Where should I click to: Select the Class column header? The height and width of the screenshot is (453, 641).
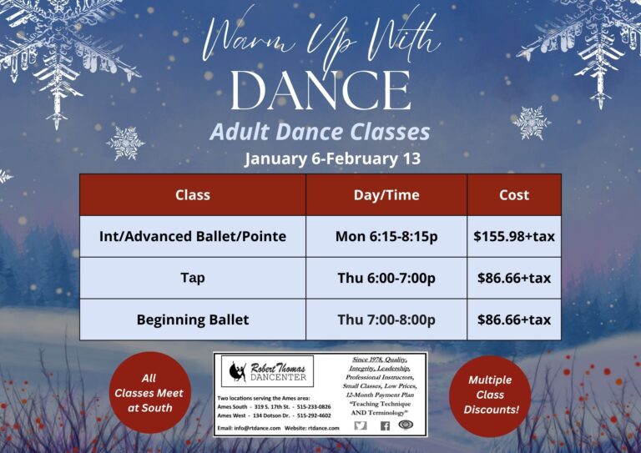pos(193,194)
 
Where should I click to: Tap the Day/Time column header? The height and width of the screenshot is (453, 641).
pos(386,194)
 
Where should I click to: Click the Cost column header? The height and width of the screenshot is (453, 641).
pos(513,194)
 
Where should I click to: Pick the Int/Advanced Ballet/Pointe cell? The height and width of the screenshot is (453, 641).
pos(193,236)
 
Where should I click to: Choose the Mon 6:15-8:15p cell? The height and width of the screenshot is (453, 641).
pos(386,236)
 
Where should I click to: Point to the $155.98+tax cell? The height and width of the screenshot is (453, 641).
pos(513,236)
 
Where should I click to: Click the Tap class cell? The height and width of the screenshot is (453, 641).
pos(193,278)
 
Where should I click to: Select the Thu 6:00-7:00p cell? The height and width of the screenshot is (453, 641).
pos(386,278)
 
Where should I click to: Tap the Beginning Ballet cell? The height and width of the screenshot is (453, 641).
pos(193,320)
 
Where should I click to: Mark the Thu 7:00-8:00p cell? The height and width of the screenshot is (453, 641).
pos(386,320)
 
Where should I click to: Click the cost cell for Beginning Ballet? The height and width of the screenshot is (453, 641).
pos(513,320)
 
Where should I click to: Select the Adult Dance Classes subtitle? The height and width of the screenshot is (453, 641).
pos(320,131)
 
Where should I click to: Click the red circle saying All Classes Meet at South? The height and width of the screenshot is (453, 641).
pos(149,392)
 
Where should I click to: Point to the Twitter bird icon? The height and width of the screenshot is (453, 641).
pos(361,425)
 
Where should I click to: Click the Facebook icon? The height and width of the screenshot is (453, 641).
pos(385,425)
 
